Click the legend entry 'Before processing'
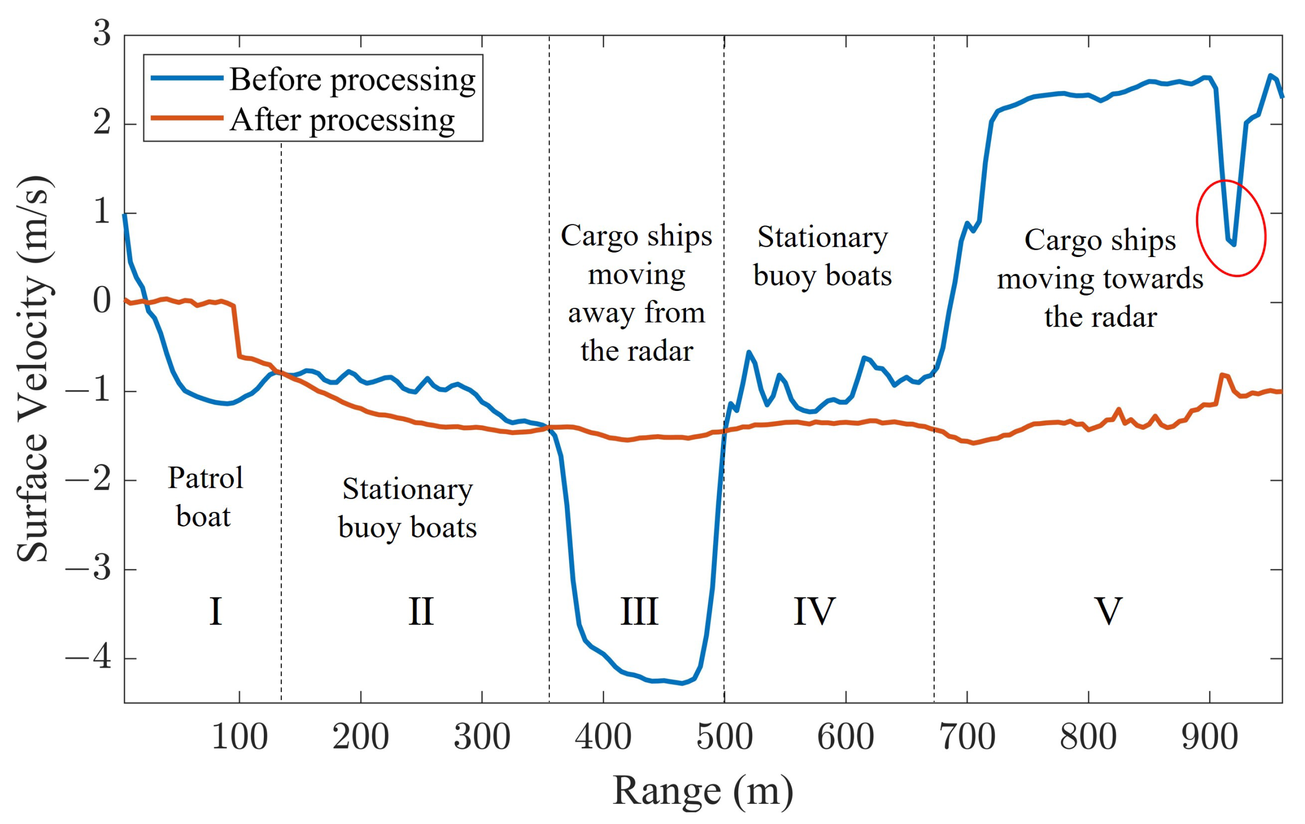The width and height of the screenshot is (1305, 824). (x=352, y=80)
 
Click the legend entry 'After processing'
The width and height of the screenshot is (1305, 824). (x=342, y=120)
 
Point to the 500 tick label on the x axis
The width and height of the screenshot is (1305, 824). (x=724, y=737)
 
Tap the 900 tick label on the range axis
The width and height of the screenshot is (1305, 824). (x=1210, y=737)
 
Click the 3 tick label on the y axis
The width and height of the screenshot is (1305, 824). (x=102, y=34)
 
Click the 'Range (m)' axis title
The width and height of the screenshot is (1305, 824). (x=703, y=791)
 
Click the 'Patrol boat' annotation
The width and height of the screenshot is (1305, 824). (x=205, y=497)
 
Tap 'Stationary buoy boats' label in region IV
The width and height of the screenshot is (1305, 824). (x=822, y=256)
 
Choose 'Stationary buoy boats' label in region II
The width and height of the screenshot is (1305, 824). (x=407, y=508)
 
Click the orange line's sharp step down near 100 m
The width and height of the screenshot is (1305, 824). (x=237, y=332)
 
